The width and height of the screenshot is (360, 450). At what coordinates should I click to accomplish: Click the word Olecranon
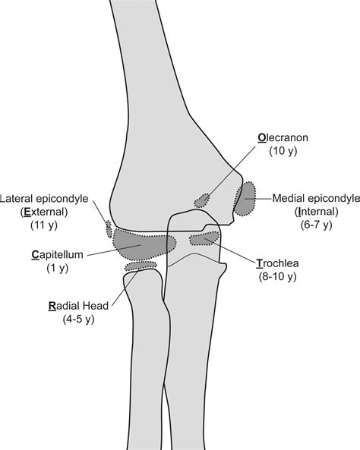click(x=283, y=138)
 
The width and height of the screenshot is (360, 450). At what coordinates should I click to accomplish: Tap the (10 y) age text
click(x=283, y=151)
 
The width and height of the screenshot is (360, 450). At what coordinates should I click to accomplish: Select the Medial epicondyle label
click(x=316, y=199)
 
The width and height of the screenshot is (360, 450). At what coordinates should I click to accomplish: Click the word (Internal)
click(x=316, y=212)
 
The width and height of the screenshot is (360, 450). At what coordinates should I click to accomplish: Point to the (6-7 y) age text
click(x=316, y=225)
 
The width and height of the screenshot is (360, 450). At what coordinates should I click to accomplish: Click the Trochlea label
click(x=277, y=263)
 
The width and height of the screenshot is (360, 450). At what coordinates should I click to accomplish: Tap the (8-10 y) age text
click(x=277, y=276)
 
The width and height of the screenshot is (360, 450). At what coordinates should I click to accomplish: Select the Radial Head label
click(x=78, y=306)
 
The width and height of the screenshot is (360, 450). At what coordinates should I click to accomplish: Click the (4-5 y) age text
click(x=78, y=319)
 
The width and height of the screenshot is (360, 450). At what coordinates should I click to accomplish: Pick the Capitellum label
click(x=57, y=255)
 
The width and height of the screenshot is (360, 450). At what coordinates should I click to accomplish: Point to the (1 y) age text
click(x=58, y=268)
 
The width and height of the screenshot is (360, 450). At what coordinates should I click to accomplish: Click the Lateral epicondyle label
click(x=44, y=199)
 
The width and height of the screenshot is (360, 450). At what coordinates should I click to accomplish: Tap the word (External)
click(x=44, y=212)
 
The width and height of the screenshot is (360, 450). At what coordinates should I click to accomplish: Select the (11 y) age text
click(x=44, y=225)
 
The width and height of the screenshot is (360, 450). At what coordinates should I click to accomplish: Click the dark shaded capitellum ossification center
click(x=144, y=244)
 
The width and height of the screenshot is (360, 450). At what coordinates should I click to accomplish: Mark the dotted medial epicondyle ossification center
click(x=245, y=199)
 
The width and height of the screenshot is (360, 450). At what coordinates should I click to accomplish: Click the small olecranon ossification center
click(x=202, y=200)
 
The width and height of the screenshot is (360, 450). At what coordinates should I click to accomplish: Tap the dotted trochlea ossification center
click(x=204, y=238)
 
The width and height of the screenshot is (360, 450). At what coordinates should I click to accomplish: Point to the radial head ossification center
click(x=141, y=266)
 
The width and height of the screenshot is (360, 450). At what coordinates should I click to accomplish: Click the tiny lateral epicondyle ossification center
click(x=109, y=228)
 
